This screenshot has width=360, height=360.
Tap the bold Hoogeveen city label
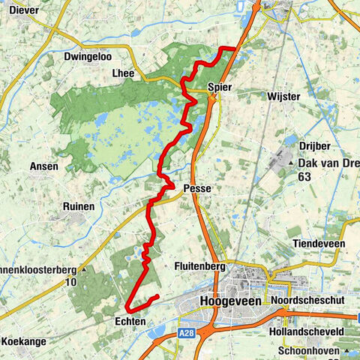tap(230, 300)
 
